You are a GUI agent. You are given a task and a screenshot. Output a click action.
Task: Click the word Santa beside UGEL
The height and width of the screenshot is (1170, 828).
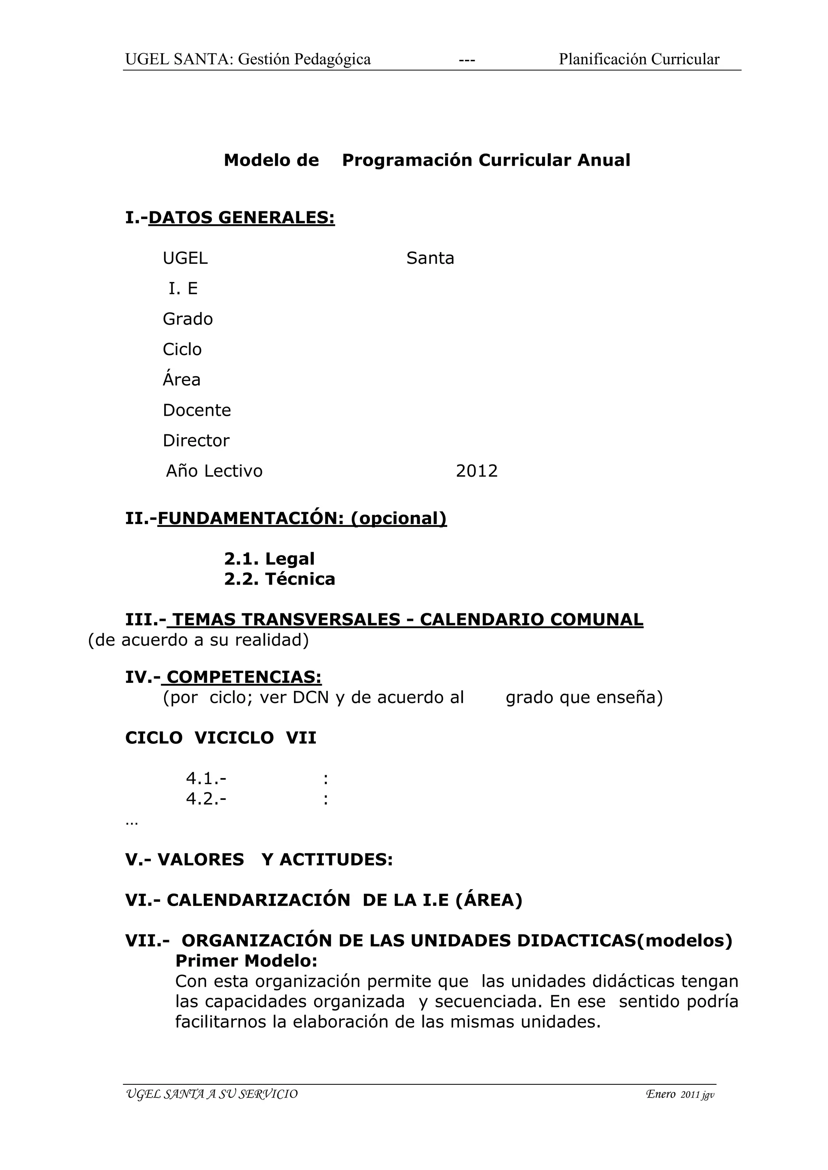430,258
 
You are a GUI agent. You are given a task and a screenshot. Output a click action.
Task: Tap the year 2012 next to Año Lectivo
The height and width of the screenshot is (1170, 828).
476,471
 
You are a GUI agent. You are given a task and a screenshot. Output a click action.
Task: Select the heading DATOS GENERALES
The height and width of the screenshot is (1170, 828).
242,218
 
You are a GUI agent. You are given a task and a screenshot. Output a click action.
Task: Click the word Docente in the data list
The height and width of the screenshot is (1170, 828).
197,410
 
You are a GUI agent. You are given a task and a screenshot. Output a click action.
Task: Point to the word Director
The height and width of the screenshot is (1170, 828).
196,441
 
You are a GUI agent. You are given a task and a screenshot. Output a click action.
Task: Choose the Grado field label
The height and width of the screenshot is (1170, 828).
188,319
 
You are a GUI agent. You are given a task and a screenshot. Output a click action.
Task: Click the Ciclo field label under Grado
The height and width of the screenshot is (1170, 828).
182,349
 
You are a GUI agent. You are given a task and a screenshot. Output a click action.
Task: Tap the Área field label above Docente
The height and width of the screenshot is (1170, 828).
182,380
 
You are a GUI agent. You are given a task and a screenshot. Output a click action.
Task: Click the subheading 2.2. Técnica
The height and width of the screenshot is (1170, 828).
279,579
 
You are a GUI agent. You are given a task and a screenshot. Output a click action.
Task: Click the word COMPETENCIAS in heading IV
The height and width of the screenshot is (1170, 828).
244,677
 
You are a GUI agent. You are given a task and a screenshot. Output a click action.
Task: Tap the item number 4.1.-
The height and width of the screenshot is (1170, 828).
206,779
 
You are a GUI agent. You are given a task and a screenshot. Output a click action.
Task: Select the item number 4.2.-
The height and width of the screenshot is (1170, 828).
206,799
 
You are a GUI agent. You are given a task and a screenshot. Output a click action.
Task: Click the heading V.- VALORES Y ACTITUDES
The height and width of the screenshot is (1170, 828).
259,860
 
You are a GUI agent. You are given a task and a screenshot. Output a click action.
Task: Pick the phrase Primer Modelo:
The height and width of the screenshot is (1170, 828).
246,961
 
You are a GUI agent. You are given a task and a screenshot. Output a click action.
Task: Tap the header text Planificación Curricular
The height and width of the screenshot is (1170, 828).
639,60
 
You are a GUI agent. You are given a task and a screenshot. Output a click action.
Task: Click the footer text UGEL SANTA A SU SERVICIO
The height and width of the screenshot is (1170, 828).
211,1094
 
